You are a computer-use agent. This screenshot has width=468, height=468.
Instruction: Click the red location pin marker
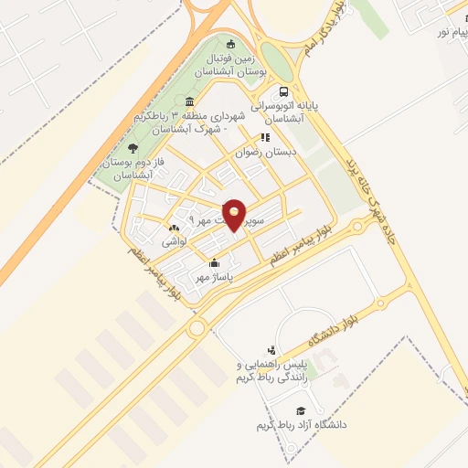[235, 213]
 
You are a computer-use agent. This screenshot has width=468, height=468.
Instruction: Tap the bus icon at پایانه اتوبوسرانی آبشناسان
[284, 91]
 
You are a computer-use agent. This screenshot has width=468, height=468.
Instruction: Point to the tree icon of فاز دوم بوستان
[133, 147]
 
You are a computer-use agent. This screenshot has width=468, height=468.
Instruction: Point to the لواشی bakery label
[174, 242]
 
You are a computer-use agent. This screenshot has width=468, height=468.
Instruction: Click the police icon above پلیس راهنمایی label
[271, 350]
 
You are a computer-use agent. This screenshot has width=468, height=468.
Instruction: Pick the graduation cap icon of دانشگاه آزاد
[301, 411]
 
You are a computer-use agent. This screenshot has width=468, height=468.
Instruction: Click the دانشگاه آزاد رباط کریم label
[301, 427]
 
